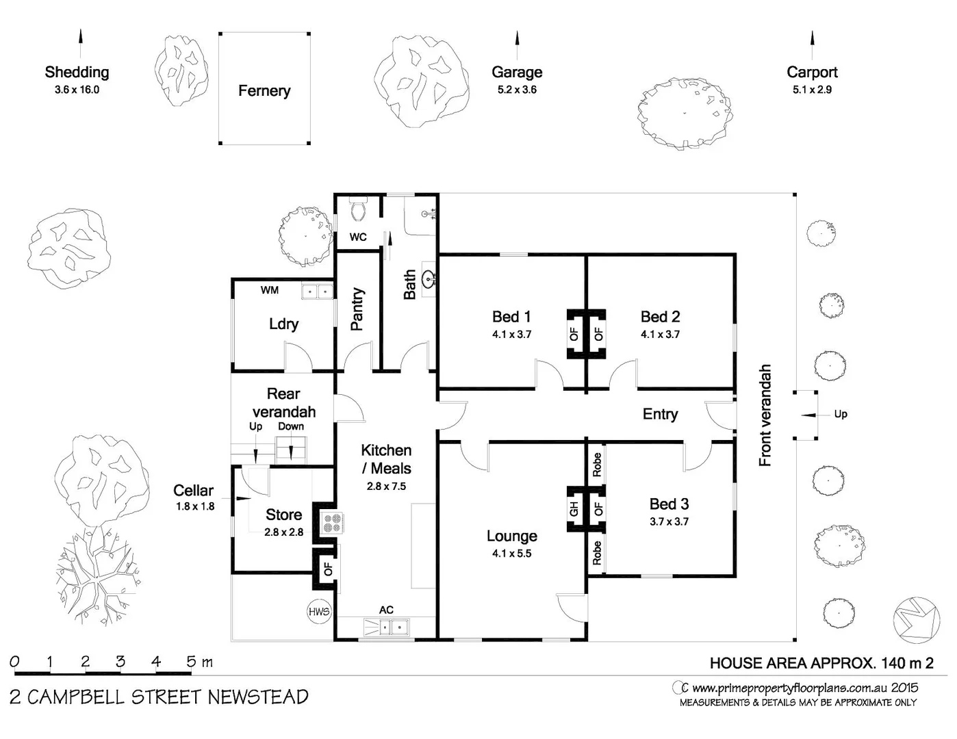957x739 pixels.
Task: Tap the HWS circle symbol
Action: pos(319,612)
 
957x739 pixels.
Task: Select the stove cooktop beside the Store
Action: pos(333,523)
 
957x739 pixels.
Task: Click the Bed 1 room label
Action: pos(511,317)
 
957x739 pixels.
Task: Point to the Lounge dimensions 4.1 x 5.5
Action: pos(511,554)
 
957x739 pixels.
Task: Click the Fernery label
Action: pos(264,91)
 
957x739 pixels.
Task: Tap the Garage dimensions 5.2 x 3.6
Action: pos(517,90)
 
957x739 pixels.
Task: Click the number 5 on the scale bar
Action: pos(191,662)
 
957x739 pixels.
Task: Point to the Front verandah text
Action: pos(765,415)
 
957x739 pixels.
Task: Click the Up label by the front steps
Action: pos(841,414)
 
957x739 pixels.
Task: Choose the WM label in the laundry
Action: pos(270,290)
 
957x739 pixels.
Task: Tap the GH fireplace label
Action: pos(574,508)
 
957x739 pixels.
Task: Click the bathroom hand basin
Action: pos(429,279)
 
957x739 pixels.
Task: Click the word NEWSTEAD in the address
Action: pos(257,697)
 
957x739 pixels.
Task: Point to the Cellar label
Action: pos(193,491)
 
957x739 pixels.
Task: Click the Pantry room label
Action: pos(357,309)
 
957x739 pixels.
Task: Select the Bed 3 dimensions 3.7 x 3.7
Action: pos(669,521)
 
